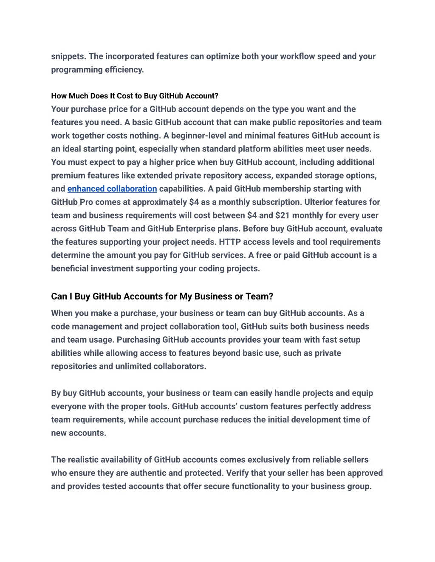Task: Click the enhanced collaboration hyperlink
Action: tap(112, 189)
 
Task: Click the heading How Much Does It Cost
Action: tap(135, 96)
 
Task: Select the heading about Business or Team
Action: tap(162, 296)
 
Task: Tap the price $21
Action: tap(282, 215)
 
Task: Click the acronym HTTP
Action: tap(230, 242)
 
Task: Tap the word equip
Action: tap(362, 393)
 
